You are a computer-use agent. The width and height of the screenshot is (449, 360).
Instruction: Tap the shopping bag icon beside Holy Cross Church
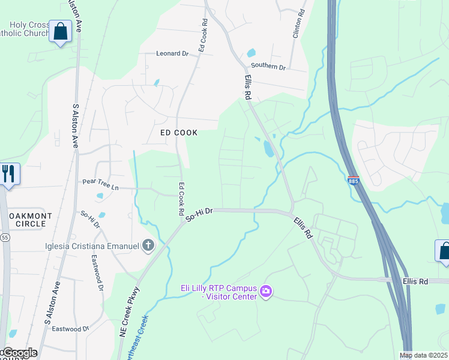tap(61, 31)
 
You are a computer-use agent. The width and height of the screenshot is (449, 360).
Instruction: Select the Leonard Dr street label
tap(172, 53)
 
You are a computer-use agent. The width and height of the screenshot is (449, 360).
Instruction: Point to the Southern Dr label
tap(268, 66)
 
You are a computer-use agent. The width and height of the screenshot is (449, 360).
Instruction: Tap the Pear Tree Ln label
tap(101, 184)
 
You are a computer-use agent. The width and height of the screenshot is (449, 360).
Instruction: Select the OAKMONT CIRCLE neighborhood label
tap(23, 220)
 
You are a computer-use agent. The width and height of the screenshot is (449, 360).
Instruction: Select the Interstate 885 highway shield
tap(354, 180)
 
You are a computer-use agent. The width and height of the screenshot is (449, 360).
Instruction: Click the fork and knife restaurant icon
tap(8, 174)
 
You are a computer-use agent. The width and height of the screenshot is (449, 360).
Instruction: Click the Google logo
tap(19, 353)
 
